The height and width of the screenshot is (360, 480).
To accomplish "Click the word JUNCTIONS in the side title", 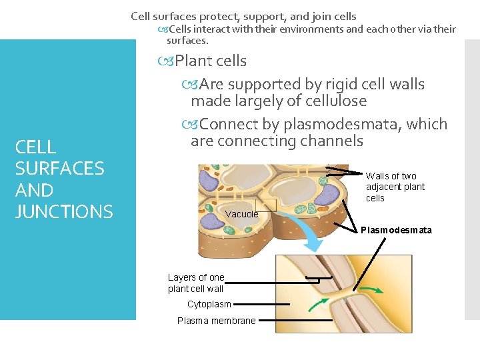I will [x=64, y=211].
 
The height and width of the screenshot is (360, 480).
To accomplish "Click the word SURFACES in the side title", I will [x=59, y=168].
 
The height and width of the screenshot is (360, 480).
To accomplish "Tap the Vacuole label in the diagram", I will [x=241, y=214].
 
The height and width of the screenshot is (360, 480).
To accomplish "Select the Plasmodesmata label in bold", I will [x=396, y=230].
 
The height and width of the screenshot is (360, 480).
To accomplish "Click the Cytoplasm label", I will [x=209, y=304].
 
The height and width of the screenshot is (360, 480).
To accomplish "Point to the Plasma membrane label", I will [x=216, y=321].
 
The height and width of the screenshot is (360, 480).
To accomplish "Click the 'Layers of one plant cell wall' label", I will [x=196, y=283].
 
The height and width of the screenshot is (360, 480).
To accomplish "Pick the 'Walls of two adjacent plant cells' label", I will [x=395, y=187].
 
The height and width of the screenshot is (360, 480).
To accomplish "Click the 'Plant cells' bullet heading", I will [x=210, y=61].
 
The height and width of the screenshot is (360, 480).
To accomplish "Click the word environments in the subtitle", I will [x=309, y=29].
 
